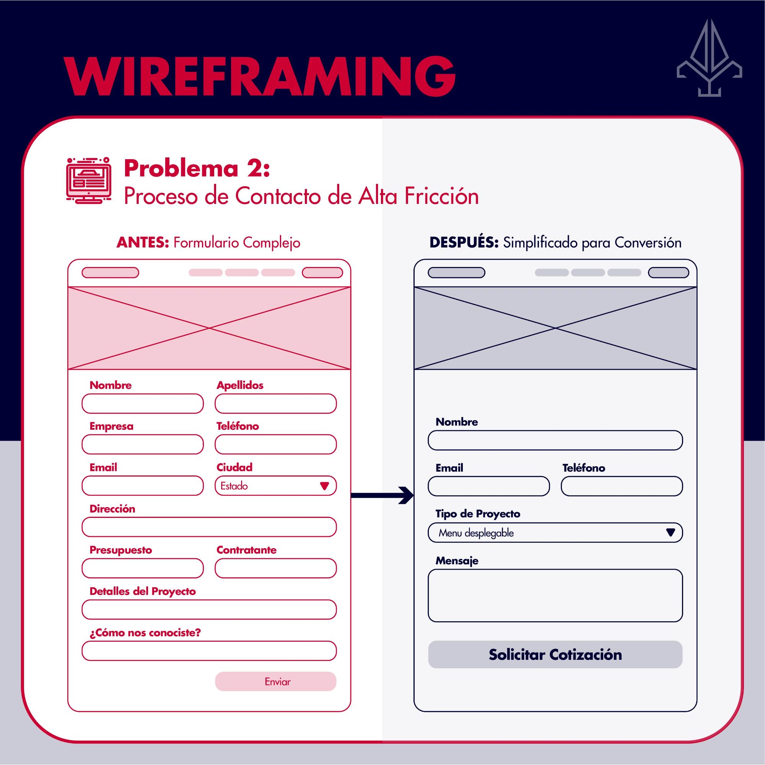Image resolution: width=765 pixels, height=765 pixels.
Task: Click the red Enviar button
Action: click(275, 682)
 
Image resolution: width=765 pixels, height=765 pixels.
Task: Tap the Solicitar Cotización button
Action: click(555, 654)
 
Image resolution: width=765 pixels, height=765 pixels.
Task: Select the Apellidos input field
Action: click(275, 404)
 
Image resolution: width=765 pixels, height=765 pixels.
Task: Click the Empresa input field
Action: click(143, 444)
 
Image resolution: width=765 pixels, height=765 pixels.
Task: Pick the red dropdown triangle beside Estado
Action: click(324, 486)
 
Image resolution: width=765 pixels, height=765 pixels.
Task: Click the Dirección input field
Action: click(209, 527)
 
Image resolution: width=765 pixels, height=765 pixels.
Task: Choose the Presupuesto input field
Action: click(143, 568)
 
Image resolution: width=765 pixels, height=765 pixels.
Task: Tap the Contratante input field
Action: click(275, 568)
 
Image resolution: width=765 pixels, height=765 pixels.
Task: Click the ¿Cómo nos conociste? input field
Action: click(209, 651)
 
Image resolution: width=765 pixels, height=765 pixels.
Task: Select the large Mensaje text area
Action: click(555, 596)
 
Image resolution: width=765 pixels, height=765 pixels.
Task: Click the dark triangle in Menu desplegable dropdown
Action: click(671, 532)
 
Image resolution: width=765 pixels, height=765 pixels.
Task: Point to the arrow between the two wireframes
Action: click(382, 495)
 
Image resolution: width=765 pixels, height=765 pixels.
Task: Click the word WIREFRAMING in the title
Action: click(259, 76)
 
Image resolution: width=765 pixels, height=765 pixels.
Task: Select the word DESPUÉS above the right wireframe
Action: click(464, 243)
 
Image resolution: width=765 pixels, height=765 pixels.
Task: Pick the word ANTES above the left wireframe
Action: click(143, 243)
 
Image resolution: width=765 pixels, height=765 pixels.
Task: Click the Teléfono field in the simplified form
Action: click(622, 486)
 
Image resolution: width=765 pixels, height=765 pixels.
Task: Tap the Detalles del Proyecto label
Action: click(143, 591)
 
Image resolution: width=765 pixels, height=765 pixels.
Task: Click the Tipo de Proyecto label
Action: click(477, 514)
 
